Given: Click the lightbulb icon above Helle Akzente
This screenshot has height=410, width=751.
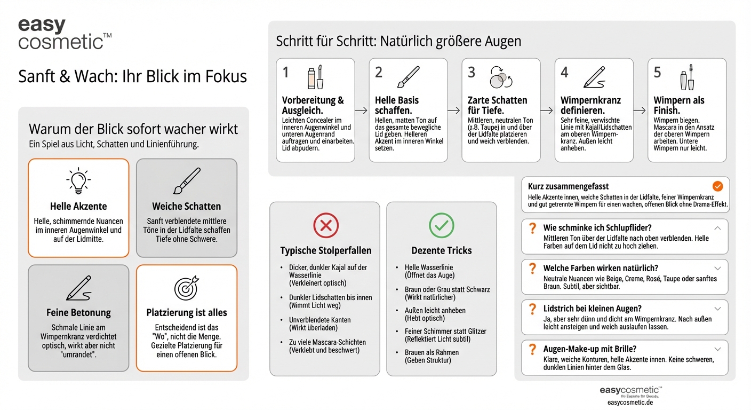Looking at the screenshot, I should (78, 181).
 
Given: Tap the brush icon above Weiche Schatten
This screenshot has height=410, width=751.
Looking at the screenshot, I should (187, 181).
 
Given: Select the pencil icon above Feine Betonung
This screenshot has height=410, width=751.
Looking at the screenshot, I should (78, 288).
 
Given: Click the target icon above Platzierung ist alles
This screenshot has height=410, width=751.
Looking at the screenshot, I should (186, 288).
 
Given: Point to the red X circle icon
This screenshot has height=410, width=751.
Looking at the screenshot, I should (325, 226).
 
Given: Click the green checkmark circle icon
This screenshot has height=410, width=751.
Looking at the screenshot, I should (442, 226).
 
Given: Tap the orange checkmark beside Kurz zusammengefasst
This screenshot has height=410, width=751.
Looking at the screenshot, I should (718, 186).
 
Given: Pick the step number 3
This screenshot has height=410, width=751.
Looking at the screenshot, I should (472, 73).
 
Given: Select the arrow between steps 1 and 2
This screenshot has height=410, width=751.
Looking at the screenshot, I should (361, 111).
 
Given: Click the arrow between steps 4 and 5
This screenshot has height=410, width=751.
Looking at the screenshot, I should (640, 111).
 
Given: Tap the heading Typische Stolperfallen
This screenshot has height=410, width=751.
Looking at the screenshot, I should (325, 250).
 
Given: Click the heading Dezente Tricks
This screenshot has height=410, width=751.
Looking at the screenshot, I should (442, 250).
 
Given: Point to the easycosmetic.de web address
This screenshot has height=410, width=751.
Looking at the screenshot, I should (630, 403).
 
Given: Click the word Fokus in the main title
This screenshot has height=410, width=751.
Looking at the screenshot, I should (225, 77).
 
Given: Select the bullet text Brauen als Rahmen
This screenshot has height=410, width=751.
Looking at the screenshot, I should (432, 352).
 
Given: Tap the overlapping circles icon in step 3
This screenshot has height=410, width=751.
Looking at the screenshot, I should (500, 77).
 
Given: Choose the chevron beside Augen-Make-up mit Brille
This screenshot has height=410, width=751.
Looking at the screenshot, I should (717, 349).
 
